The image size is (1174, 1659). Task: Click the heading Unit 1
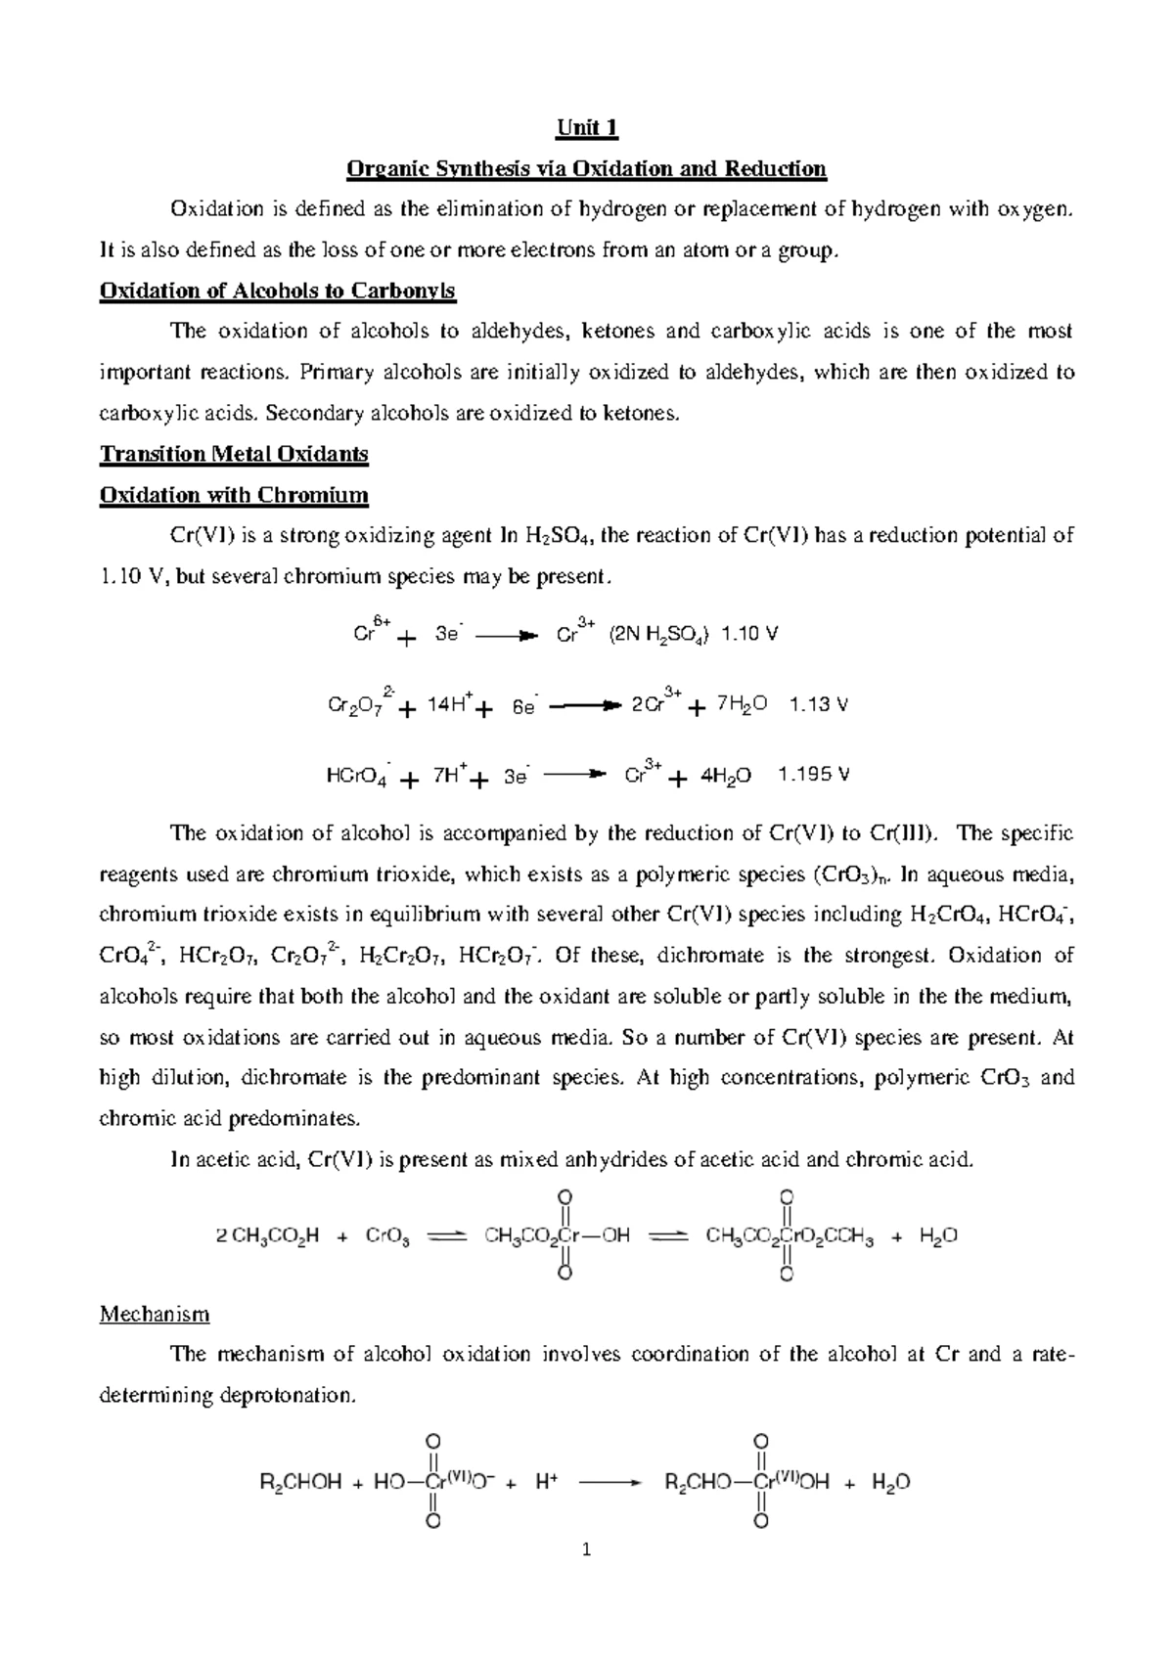tap(587, 128)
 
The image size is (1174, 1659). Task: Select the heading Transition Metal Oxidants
tap(234, 454)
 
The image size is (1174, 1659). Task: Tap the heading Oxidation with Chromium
tap(234, 495)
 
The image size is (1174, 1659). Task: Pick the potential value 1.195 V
tap(813, 775)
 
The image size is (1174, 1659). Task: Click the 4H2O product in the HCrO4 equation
tap(726, 776)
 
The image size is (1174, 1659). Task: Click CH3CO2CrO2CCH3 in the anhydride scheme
tap(789, 1235)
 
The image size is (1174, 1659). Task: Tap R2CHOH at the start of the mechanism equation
tap(300, 1482)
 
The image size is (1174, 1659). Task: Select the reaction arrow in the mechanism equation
tap(610, 1482)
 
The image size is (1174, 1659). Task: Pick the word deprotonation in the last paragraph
tap(283, 1395)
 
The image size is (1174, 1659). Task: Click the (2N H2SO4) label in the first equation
tap(658, 635)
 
